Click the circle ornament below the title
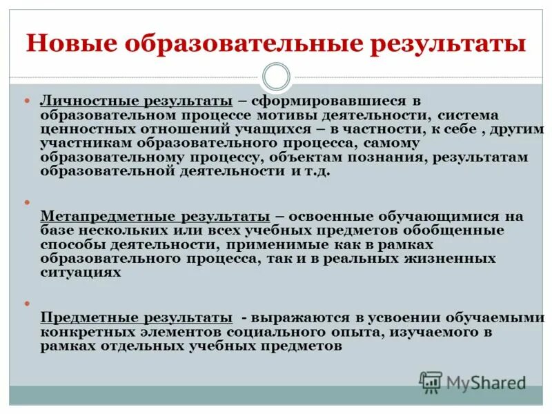(276, 77)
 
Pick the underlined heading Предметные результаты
(136, 318)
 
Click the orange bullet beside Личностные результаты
(28, 101)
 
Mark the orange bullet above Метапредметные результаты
(28, 202)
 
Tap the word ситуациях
(81, 273)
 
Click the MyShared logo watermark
(473, 382)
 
